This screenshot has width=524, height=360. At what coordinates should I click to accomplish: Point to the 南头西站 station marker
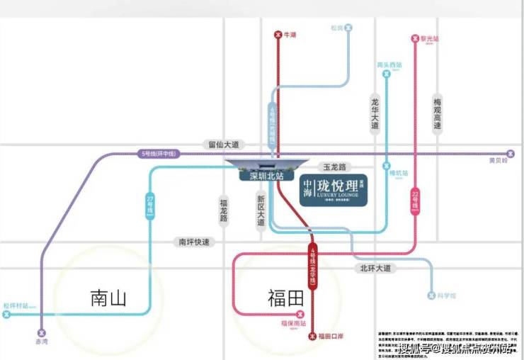click(387, 73)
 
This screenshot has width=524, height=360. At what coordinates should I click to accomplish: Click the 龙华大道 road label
click(375, 113)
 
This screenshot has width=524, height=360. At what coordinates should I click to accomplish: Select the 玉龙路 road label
click(334, 167)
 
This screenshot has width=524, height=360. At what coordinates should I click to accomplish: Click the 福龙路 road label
click(223, 210)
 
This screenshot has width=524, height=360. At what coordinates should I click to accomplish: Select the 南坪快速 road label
click(194, 242)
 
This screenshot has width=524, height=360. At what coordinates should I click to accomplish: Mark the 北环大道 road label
click(375, 268)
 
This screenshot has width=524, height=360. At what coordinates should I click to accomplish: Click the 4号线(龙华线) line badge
click(312, 266)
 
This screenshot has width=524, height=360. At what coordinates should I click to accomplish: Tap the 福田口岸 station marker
click(313, 337)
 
